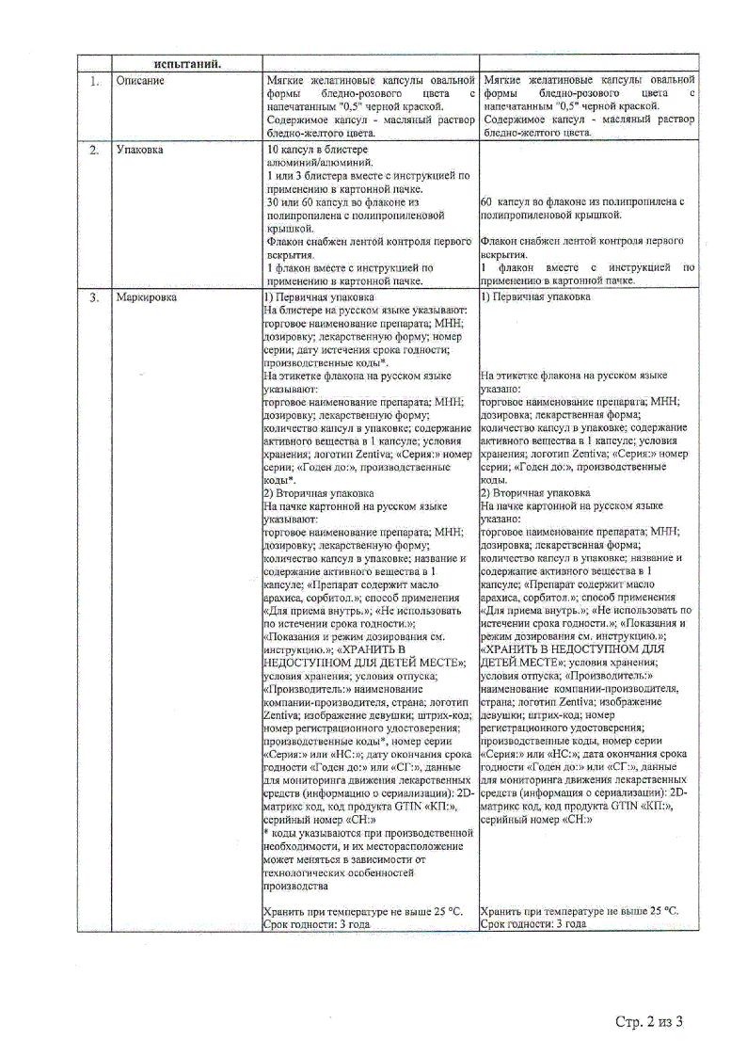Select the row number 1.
94,81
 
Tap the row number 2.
94,151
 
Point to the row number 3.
94,297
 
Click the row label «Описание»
140,81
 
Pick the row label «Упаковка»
142,151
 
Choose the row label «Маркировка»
147,297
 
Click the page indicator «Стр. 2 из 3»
648,1020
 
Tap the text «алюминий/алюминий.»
313,163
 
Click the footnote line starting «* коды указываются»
368,832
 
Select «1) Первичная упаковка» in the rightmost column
535,297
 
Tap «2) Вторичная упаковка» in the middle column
320,492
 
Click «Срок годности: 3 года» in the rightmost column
533,924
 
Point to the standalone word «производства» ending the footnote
295,885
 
